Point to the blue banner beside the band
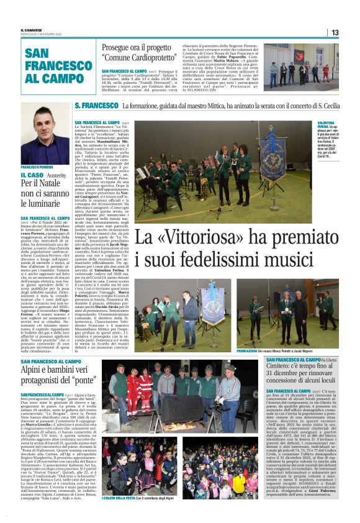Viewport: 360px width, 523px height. click(x=259, y=149)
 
